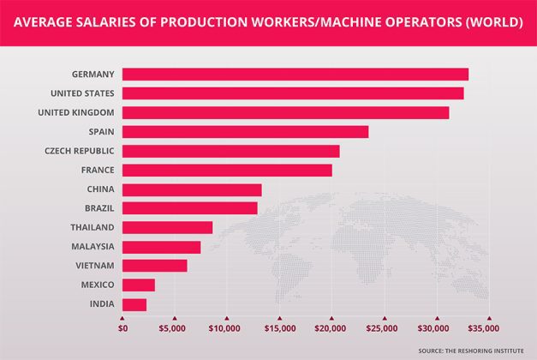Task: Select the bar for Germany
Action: pyautogui.click(x=295, y=75)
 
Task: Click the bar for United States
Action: pyautogui.click(x=293, y=93)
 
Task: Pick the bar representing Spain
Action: pyautogui.click(x=246, y=131)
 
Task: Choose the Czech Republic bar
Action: pyautogui.click(x=231, y=151)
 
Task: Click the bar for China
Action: pyautogui.click(x=192, y=189)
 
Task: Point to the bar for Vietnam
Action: pyautogui.click(x=155, y=266)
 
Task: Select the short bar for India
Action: pyautogui.click(x=134, y=304)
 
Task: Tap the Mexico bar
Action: pyautogui.click(x=139, y=285)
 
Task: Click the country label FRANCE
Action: pyautogui.click(x=96, y=170)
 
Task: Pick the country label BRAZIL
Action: pyautogui.click(x=96, y=208)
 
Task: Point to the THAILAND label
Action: pyautogui.click(x=92, y=227)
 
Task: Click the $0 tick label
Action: pyautogui.click(x=122, y=328)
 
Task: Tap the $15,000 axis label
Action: pyautogui.click(x=278, y=328)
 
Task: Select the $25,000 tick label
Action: pyautogui.click(x=383, y=328)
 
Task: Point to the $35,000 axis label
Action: pyautogui.click(x=486, y=328)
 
